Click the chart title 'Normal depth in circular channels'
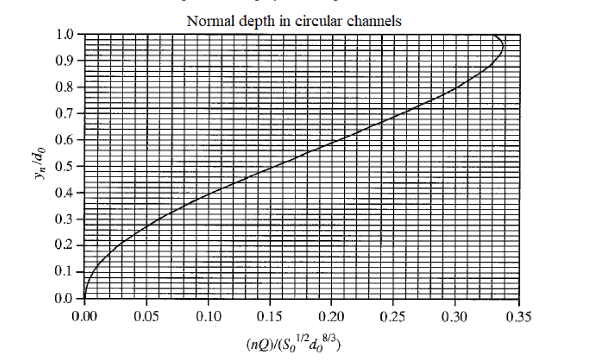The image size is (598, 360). coord(294,21)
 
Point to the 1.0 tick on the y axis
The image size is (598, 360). coord(68,34)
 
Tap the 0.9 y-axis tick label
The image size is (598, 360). coord(68,61)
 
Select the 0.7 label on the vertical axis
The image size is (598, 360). coord(68,113)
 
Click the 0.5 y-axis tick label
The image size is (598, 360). coord(68,167)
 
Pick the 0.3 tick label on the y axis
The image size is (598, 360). coord(68,219)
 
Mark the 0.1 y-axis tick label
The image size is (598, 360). coord(68,272)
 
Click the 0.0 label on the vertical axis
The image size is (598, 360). coord(68,299)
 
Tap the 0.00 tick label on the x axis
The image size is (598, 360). coord(84,317)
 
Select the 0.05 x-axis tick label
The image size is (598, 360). coord(146,317)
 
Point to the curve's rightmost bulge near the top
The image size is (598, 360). coord(504,47)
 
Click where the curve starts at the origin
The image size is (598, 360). coord(85,297)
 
